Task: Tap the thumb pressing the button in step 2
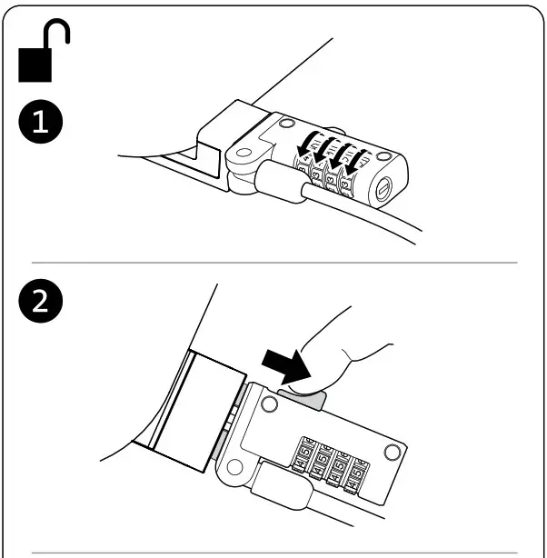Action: (x=350, y=350)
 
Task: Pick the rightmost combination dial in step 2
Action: (x=360, y=473)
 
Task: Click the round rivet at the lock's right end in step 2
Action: (x=393, y=452)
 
